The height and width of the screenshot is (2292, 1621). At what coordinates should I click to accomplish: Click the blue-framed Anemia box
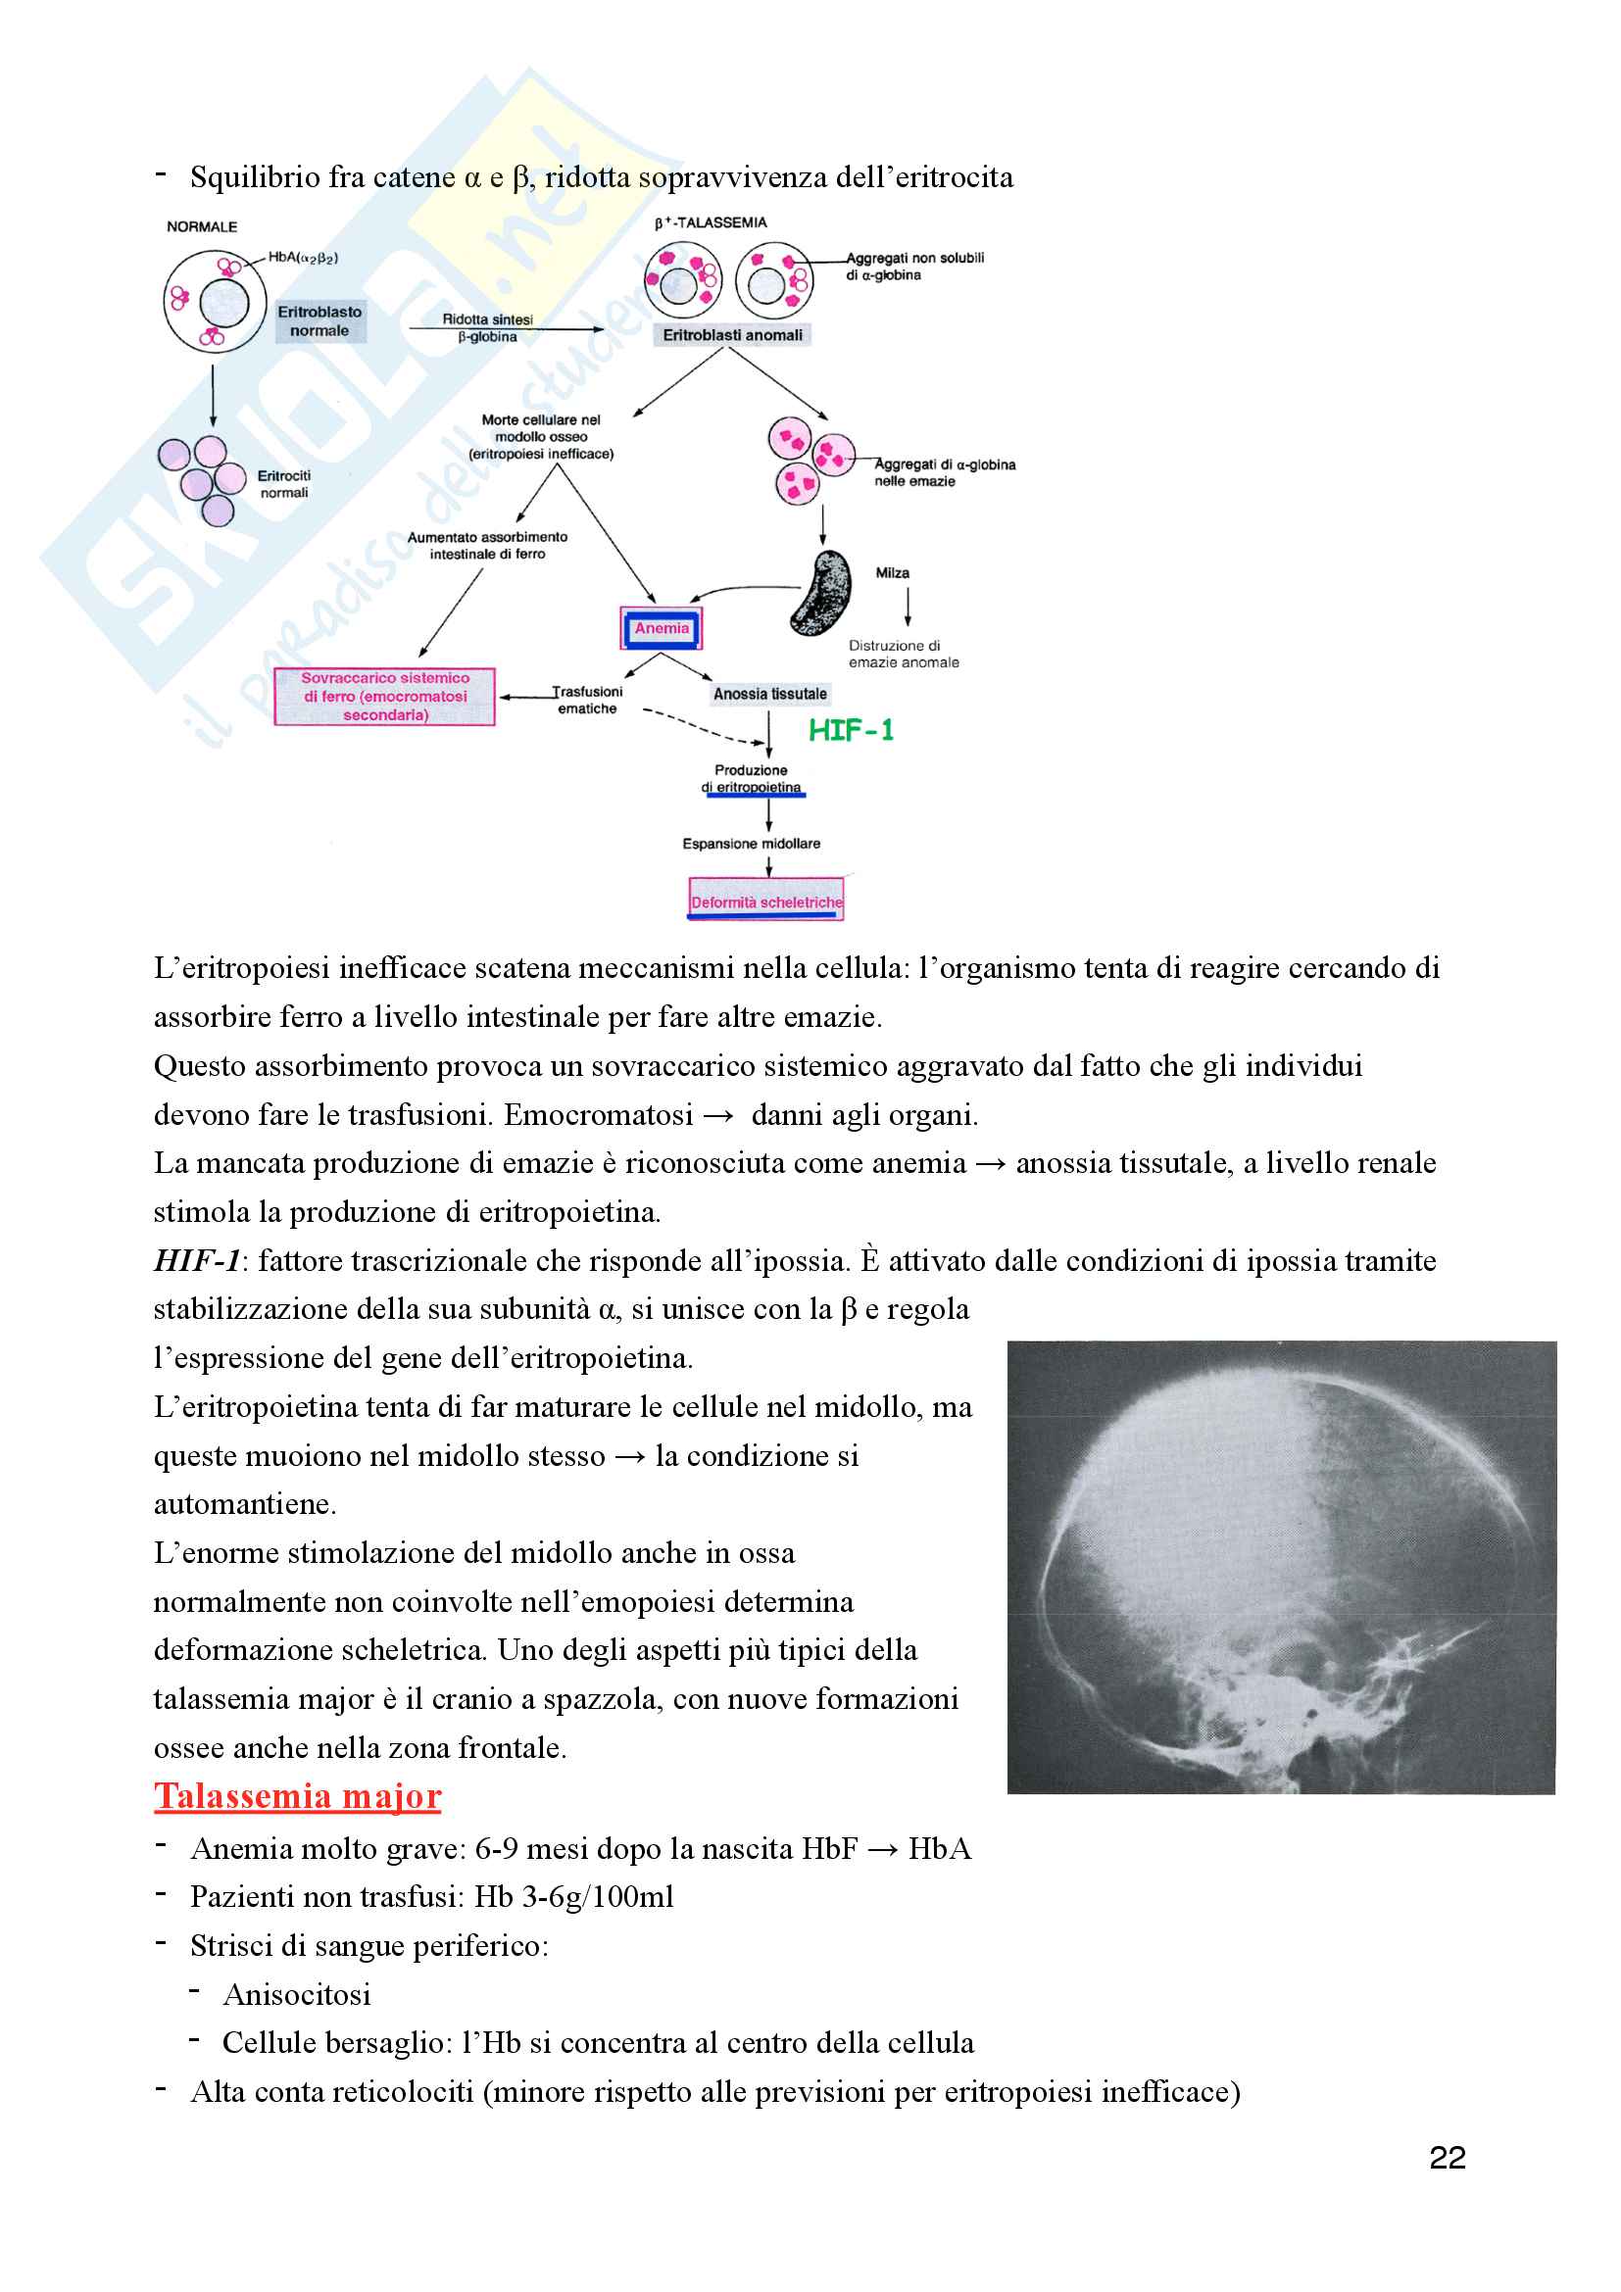click(661, 628)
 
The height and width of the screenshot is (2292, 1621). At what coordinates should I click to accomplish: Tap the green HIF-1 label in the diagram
click(851, 731)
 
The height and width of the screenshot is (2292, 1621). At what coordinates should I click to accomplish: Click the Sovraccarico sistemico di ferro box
click(385, 696)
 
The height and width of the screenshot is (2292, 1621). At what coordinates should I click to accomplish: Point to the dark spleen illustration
click(822, 593)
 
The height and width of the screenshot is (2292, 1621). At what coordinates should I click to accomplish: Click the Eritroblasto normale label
click(319, 321)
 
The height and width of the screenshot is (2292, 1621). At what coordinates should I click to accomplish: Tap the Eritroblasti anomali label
click(733, 335)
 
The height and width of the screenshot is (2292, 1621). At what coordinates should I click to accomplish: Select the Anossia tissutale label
click(769, 694)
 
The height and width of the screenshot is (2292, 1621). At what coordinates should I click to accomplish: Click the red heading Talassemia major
click(298, 1797)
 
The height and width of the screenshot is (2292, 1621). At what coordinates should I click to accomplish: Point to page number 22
click(1447, 2158)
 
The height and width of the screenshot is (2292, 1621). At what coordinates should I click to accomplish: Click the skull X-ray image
click(1282, 1567)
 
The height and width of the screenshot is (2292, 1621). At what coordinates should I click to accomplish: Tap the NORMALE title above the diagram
click(202, 226)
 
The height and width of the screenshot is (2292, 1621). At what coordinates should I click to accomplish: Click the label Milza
click(893, 573)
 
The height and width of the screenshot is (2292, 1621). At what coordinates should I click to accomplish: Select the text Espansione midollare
click(751, 844)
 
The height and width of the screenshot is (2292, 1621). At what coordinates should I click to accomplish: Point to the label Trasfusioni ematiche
click(588, 700)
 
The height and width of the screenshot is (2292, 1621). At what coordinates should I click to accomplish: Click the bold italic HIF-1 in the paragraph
click(197, 1261)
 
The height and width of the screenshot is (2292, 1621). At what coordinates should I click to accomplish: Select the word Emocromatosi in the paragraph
click(598, 1115)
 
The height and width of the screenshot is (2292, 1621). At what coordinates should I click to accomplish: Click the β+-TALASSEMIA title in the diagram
click(711, 222)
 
